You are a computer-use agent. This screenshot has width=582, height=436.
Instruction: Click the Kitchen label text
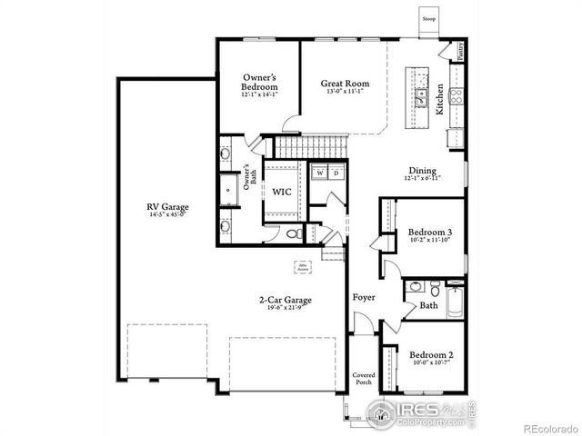439,98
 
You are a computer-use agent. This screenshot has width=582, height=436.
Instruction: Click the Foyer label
365,297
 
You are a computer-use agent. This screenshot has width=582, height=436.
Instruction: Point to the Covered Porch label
365,379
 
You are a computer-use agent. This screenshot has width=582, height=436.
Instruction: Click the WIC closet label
281,193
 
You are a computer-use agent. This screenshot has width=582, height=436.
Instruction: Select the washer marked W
319,173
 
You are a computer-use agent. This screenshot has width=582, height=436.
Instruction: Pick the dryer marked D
335,173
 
